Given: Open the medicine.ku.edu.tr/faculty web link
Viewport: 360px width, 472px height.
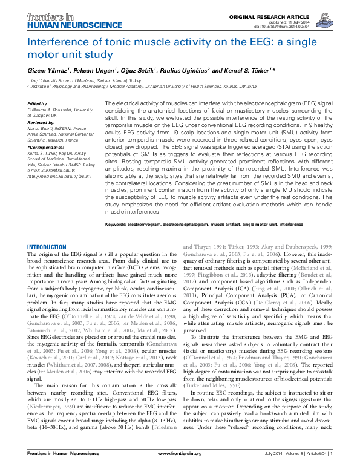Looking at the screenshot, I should point(61,177).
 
